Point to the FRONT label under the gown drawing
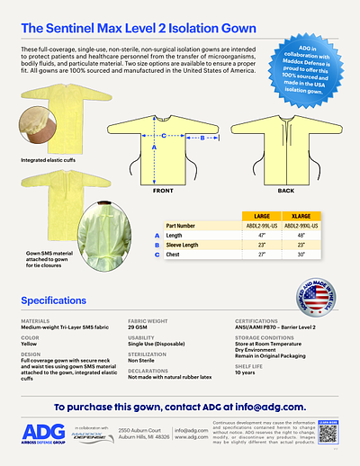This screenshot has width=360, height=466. (x=162, y=192)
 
